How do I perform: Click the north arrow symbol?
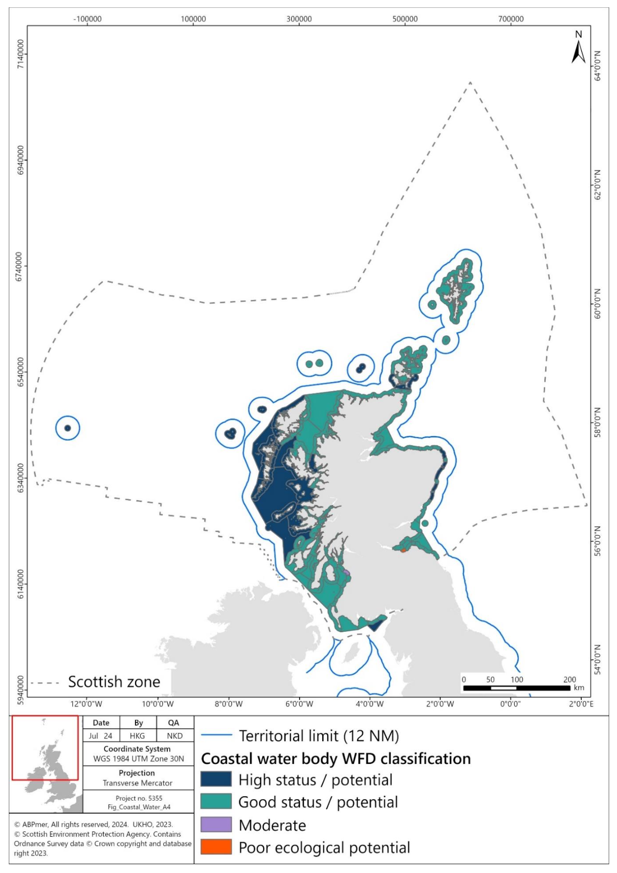pos(578,51)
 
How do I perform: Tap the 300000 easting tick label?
pos(299,19)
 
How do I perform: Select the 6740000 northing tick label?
pos(20,267)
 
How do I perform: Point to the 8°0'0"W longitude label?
pos(228,704)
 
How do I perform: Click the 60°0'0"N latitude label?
pos(597,304)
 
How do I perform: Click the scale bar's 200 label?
pos(570,679)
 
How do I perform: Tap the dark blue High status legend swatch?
pos(216,780)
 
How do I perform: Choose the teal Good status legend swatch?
pos(216,802)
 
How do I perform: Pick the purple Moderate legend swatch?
pos(216,825)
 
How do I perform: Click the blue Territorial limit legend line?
pos(216,735)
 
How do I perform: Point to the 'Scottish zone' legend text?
pos(114,682)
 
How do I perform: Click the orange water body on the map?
pos(403,550)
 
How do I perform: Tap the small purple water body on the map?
pos(347,572)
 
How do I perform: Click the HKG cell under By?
pos(137,736)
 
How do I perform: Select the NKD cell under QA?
pos(175,736)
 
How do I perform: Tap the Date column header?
pos(101,723)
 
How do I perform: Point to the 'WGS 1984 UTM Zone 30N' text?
pos(139,759)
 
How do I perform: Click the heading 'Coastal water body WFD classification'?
pos(336,758)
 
